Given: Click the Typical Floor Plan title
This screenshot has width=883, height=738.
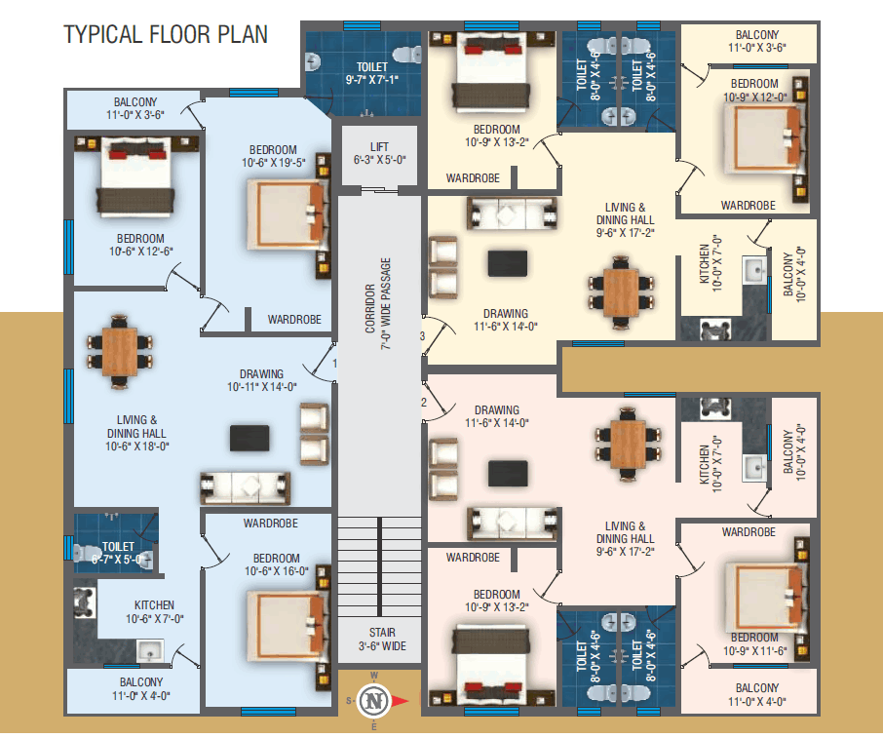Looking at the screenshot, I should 165,34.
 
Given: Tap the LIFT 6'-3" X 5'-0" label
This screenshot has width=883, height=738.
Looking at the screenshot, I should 379,153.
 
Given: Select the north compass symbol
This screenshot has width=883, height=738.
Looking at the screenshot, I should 374,699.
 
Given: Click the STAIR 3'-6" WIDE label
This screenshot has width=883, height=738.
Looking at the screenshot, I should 379,639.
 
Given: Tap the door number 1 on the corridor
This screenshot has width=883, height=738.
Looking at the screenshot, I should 334,364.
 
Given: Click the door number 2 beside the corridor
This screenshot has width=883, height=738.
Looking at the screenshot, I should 424,402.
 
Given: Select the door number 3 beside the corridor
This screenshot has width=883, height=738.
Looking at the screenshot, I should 422,336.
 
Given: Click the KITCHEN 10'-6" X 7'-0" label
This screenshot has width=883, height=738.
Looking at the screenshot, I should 154,611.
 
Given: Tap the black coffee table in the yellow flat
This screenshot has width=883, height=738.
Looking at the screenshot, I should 509,264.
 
